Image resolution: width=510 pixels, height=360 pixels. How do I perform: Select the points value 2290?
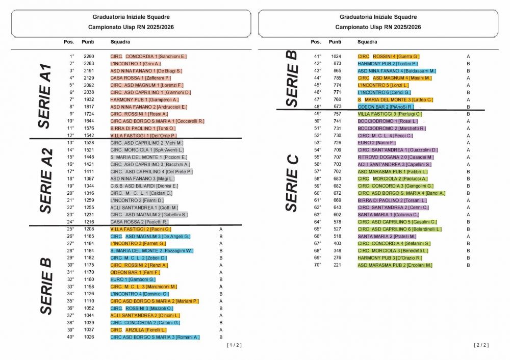[x=89, y=57]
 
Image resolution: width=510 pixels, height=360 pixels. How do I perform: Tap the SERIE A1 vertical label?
[x=45, y=96]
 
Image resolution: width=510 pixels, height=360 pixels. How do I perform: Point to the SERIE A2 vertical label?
[x=46, y=181]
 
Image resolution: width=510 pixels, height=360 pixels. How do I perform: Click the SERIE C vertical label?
[x=292, y=183]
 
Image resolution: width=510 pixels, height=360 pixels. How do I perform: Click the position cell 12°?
[x=70, y=136]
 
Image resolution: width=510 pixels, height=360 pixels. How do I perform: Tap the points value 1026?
[x=89, y=337]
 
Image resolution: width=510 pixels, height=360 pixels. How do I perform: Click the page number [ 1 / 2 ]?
[x=234, y=345]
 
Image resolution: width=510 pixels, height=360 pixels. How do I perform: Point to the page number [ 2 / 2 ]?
[x=481, y=345]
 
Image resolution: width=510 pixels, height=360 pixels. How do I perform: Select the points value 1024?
[x=336, y=57]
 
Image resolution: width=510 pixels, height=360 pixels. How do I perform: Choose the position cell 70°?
[x=317, y=265]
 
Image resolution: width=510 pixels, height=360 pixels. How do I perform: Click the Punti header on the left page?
[x=88, y=42]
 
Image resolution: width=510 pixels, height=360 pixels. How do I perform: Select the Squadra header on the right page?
[x=367, y=42]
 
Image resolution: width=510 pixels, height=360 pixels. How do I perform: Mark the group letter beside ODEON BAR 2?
[x=468, y=107]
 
